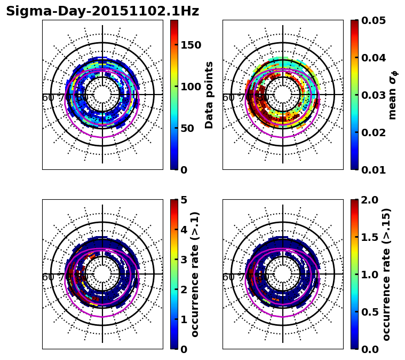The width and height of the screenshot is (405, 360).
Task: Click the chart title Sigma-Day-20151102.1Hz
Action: (102, 11)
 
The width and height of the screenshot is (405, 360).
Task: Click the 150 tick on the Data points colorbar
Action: (191, 45)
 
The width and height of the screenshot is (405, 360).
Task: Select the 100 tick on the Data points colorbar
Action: (191, 87)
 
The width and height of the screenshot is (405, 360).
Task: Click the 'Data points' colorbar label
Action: (209, 95)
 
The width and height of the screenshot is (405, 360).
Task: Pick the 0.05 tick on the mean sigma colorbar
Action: (374, 20)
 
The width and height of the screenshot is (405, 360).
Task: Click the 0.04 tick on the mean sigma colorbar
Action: (374, 58)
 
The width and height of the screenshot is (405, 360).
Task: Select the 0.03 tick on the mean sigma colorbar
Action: (374, 95)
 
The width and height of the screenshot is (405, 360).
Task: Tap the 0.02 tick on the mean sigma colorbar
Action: (374, 132)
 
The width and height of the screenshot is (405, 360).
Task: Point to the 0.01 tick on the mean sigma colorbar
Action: (374, 170)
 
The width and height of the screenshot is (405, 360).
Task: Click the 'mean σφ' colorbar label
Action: (393, 95)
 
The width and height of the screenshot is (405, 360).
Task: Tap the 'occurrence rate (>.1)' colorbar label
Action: (195, 274)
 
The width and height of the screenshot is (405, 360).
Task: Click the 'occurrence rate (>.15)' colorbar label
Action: (386, 274)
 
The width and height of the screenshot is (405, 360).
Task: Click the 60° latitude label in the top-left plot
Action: (48, 98)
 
